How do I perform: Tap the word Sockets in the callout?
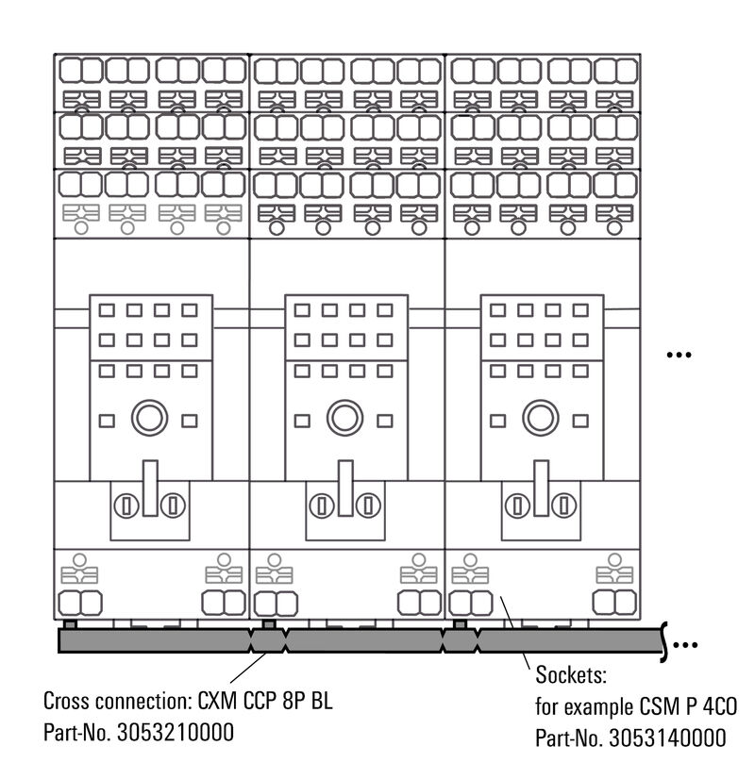pos(568,675)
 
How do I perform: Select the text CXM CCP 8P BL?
pos(266,702)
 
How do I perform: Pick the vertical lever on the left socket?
pos(149,489)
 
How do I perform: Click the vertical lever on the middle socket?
pos(345,489)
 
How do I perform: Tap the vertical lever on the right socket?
pos(541,489)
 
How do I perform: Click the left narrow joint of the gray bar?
pos(269,641)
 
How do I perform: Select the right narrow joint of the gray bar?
pos(461,641)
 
